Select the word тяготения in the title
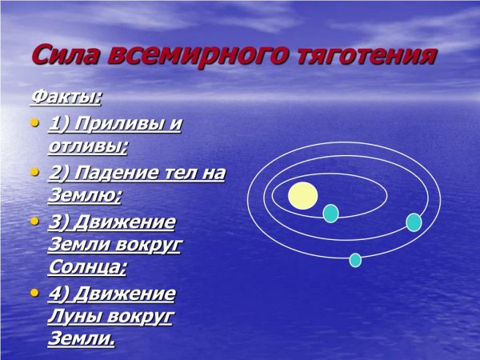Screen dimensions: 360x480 pyautogui.click(x=367, y=56)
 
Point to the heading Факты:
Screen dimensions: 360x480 pyautogui.click(x=66, y=98)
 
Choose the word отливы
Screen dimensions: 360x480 pyautogui.click(x=88, y=147)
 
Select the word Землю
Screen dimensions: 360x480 pyautogui.click(x=85, y=196)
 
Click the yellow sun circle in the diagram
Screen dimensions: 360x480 pyautogui.click(x=303, y=195)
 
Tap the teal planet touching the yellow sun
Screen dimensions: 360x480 pyautogui.click(x=330, y=213)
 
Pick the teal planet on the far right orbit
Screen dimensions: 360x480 pyautogui.click(x=414, y=222)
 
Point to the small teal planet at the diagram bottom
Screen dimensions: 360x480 pyautogui.click(x=355, y=259)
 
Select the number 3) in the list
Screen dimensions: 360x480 pyautogui.click(x=58, y=221)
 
